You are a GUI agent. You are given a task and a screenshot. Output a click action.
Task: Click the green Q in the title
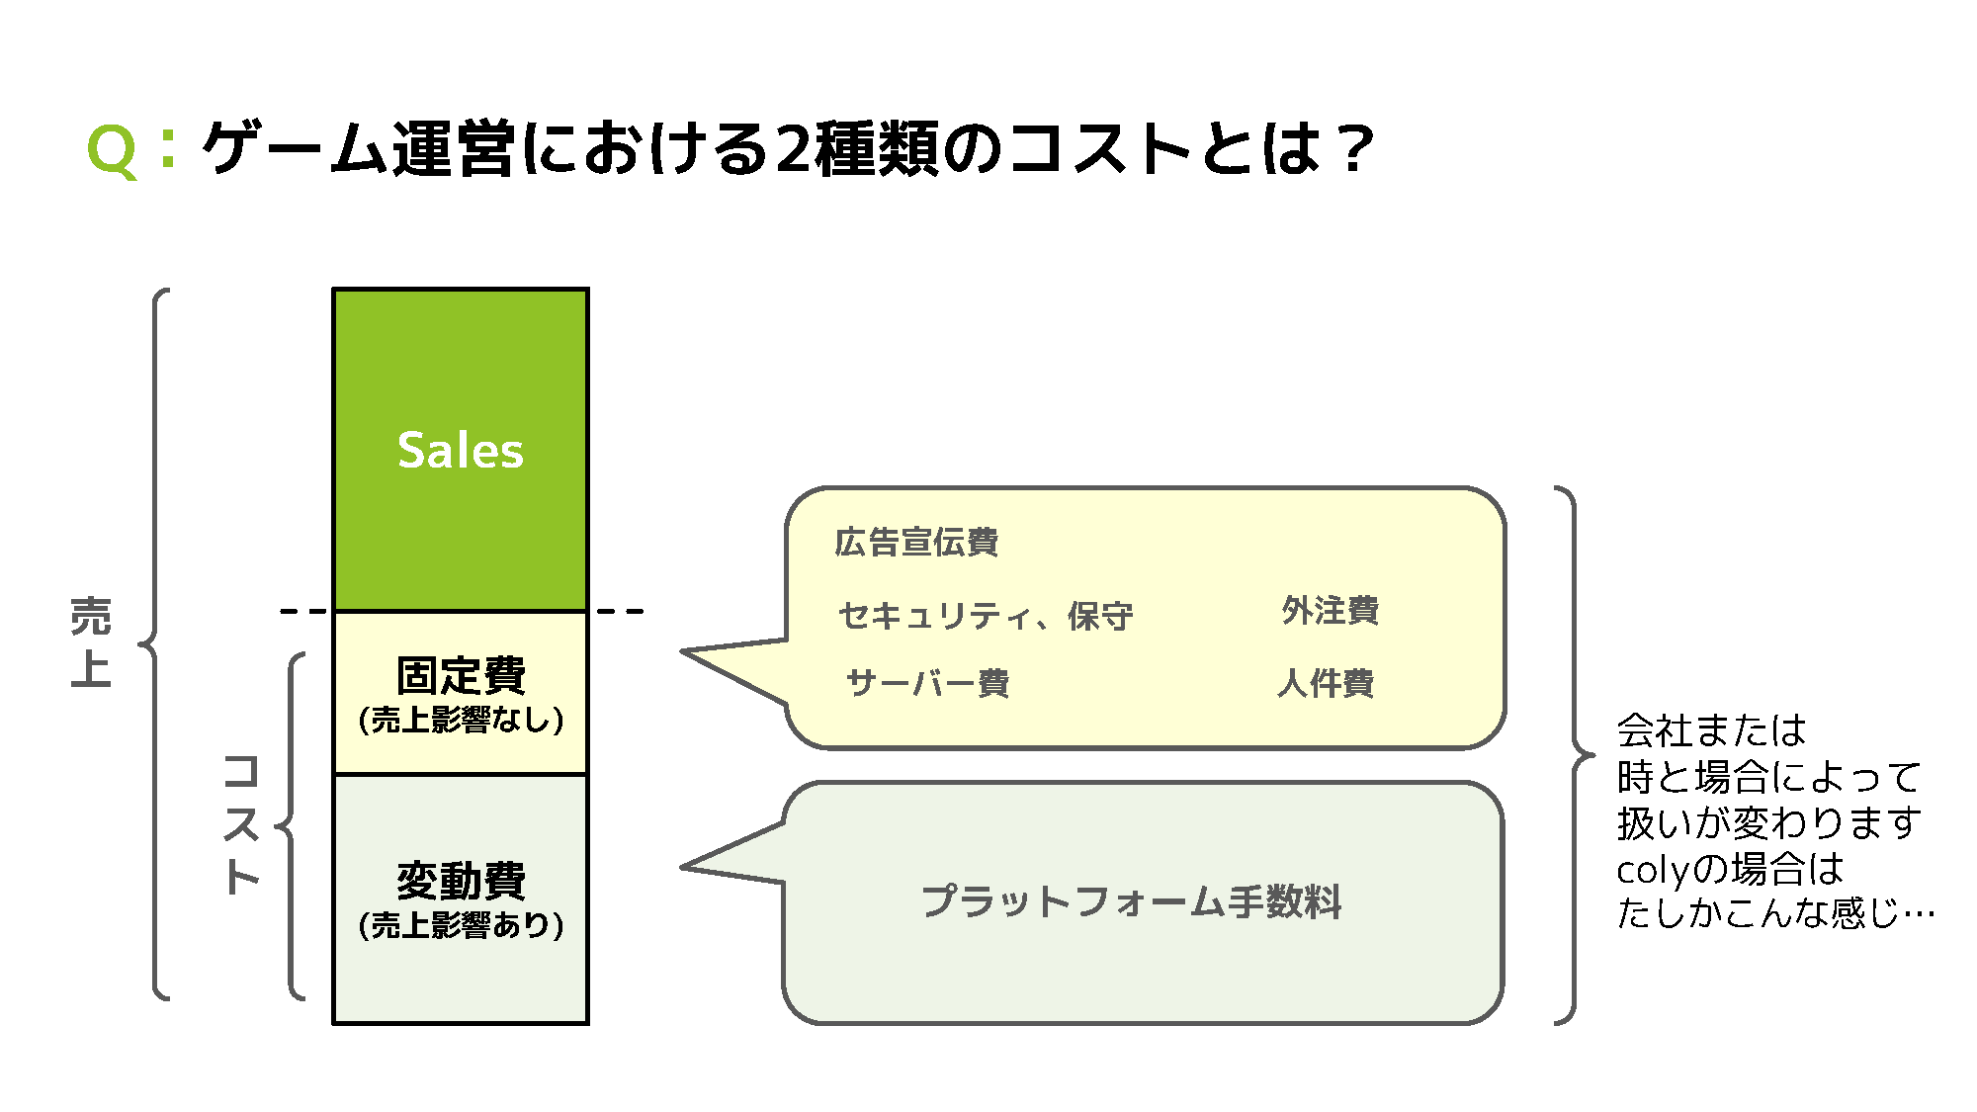tap(112, 152)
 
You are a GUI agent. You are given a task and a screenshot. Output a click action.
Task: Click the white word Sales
tap(460, 451)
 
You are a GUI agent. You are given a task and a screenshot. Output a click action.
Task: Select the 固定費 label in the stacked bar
tap(461, 676)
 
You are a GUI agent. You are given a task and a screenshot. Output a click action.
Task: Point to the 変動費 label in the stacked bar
tap(461, 880)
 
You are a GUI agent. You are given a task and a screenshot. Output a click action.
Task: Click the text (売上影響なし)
tap(461, 720)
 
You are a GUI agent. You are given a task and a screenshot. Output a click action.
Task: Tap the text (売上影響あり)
tap(461, 925)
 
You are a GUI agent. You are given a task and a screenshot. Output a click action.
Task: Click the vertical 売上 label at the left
tap(91, 642)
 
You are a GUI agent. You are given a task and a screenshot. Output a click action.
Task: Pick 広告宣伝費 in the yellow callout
tap(916, 543)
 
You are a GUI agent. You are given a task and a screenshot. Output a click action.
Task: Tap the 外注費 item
tap(1330, 611)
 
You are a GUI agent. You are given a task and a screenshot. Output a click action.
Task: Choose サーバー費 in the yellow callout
tap(927, 683)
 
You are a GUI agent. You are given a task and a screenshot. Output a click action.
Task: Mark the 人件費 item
tap(1326, 683)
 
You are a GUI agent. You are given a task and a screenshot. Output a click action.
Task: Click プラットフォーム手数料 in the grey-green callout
tap(1131, 901)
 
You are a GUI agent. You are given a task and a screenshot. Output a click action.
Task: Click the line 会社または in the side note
tap(1711, 731)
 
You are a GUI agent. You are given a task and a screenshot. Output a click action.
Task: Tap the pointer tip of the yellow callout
tap(685, 652)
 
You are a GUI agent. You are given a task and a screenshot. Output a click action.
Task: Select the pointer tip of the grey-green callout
tap(685, 867)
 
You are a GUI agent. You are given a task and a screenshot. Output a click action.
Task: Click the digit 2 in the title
tap(793, 150)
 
